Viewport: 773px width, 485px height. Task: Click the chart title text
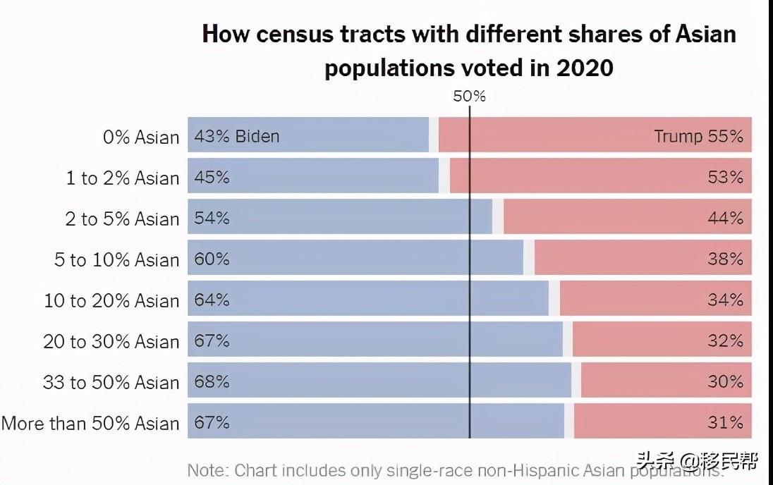click(x=469, y=51)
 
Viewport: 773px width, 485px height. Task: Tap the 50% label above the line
click(x=469, y=97)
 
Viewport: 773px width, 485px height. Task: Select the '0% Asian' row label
click(x=141, y=137)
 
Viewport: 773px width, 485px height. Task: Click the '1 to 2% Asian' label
click(x=123, y=178)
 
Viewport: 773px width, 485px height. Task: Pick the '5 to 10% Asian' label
click(x=117, y=260)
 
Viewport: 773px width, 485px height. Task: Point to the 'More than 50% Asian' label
click(x=90, y=424)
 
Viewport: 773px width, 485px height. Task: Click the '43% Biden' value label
click(x=236, y=136)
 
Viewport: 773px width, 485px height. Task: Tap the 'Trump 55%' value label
click(x=698, y=136)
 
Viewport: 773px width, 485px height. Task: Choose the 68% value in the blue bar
click(x=212, y=381)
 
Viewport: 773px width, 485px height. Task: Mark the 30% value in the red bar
click(x=726, y=381)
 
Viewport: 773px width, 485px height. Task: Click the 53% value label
click(x=726, y=177)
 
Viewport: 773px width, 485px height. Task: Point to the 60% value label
click(x=212, y=259)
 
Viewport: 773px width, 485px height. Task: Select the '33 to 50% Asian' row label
click(x=111, y=383)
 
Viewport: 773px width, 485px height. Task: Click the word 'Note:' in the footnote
click(x=208, y=470)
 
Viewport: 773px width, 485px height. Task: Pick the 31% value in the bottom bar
click(x=726, y=422)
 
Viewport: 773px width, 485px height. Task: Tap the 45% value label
click(x=212, y=177)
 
